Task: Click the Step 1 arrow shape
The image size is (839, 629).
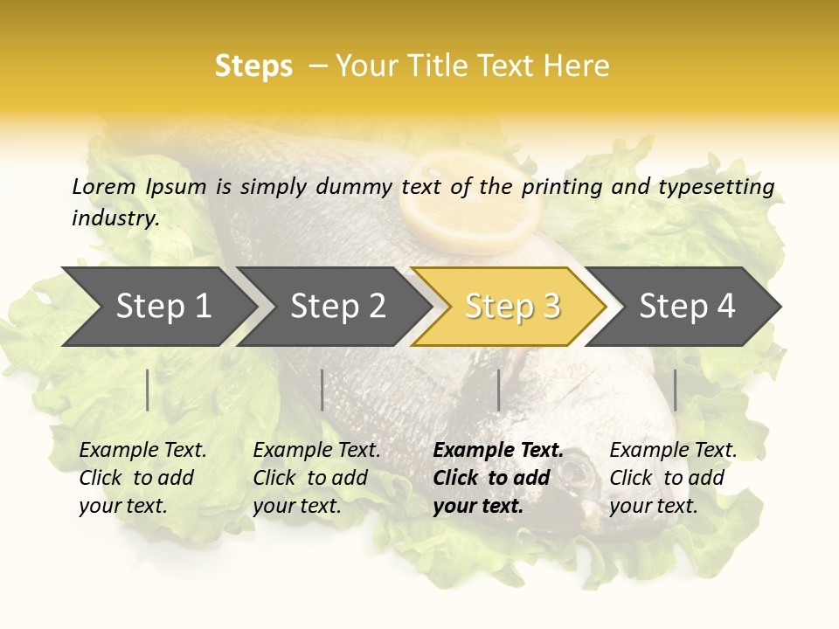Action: tap(157, 306)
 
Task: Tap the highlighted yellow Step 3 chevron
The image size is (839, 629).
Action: tap(511, 306)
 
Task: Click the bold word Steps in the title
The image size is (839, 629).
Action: tap(253, 66)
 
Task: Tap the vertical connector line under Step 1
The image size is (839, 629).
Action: tap(148, 390)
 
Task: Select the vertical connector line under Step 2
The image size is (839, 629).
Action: tap(322, 390)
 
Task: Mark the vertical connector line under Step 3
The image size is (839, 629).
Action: tap(498, 390)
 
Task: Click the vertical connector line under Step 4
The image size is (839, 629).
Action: tap(675, 390)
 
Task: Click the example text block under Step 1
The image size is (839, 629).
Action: tap(142, 477)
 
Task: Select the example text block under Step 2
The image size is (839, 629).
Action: tap(316, 477)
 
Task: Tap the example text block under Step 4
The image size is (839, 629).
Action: tap(673, 477)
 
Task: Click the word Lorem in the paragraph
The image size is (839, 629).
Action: tap(104, 186)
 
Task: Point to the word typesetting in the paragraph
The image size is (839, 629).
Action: tap(716, 186)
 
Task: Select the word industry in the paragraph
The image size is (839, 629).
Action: tap(114, 218)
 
